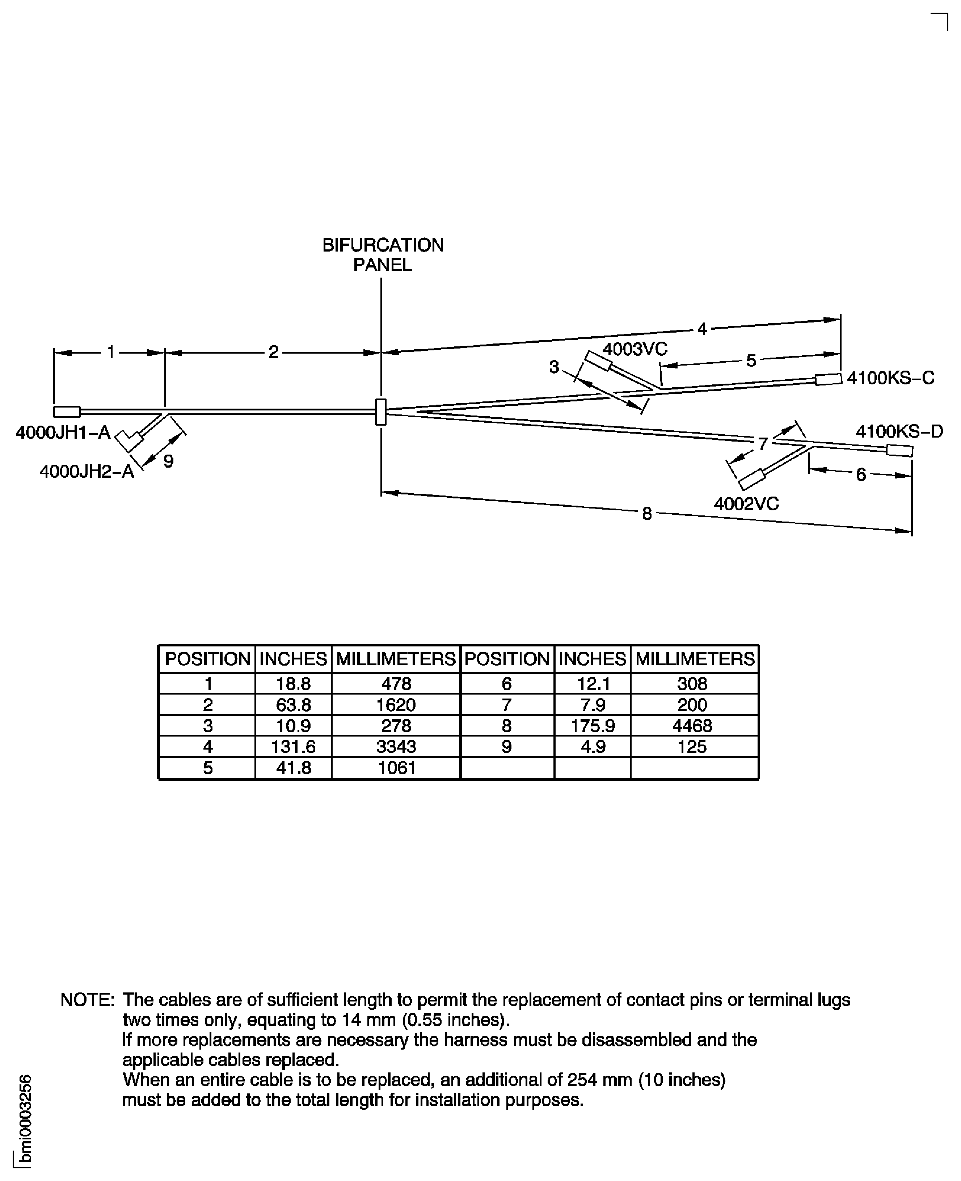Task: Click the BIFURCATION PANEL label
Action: [x=383, y=254]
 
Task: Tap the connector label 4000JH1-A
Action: [x=63, y=432]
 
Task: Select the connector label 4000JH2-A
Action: [x=87, y=472]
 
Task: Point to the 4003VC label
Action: [x=635, y=349]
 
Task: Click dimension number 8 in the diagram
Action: [x=646, y=514]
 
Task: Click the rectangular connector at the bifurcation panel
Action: [x=381, y=412]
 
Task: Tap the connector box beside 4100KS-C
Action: [x=828, y=379]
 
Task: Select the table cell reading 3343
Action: [x=396, y=747]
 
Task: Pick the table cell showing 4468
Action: [x=692, y=726]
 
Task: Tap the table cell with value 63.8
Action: [x=294, y=704]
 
